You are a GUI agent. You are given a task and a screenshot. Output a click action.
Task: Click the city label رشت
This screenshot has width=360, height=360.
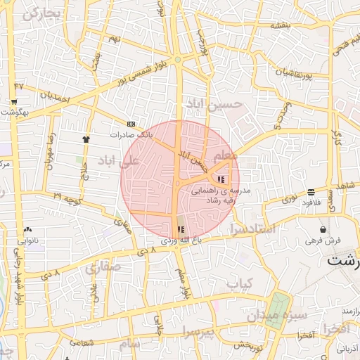(x=344, y=260)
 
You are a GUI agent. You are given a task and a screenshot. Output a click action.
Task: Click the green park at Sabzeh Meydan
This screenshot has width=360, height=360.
(x=280, y=305)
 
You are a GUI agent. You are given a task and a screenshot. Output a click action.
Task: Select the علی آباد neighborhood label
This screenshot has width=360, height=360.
(x=120, y=161)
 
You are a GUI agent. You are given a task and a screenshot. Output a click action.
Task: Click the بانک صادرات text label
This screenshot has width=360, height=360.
(x=131, y=134)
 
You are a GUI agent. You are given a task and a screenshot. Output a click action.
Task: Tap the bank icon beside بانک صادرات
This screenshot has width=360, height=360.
(x=131, y=123)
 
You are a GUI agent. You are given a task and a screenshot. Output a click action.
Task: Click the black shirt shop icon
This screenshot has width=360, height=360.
(x=86, y=139)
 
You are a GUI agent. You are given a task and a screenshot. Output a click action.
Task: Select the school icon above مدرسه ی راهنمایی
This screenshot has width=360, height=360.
(x=222, y=179)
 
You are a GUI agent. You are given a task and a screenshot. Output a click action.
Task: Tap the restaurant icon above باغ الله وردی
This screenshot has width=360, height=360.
(x=181, y=229)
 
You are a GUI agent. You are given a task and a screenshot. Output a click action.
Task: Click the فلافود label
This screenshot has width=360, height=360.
(x=311, y=202)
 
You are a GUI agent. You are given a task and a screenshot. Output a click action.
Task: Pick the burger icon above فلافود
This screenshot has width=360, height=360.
(x=311, y=192)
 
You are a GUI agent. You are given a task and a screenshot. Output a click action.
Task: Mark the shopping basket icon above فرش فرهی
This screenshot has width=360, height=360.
(x=323, y=229)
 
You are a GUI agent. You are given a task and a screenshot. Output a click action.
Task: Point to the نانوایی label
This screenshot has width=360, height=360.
(x=28, y=240)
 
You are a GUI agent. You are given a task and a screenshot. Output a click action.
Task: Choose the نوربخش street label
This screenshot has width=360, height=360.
(x=247, y=345)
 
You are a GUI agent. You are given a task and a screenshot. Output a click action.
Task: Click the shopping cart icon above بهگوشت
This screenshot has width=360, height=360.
(x=14, y=101)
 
